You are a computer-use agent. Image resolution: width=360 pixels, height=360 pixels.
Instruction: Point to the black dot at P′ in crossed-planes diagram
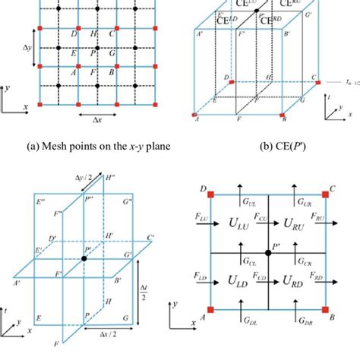(x=86, y=260)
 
